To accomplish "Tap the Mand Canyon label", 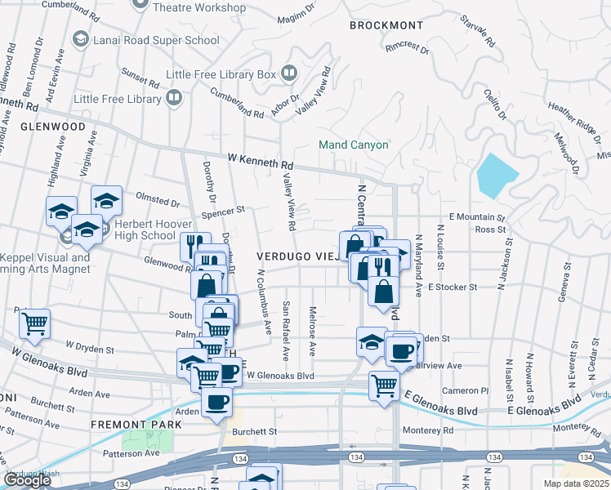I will (x=354, y=145).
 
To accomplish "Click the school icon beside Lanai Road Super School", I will (x=80, y=39).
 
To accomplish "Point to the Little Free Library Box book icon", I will (x=288, y=74).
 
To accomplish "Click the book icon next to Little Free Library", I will (x=174, y=99).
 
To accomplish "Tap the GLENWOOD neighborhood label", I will (x=53, y=127).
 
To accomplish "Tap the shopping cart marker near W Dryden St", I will (x=34, y=324).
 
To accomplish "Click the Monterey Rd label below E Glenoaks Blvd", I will (x=426, y=430).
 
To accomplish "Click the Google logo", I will (x=28, y=480).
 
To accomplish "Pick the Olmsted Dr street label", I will (x=157, y=202).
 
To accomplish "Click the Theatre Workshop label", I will (x=199, y=8).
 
